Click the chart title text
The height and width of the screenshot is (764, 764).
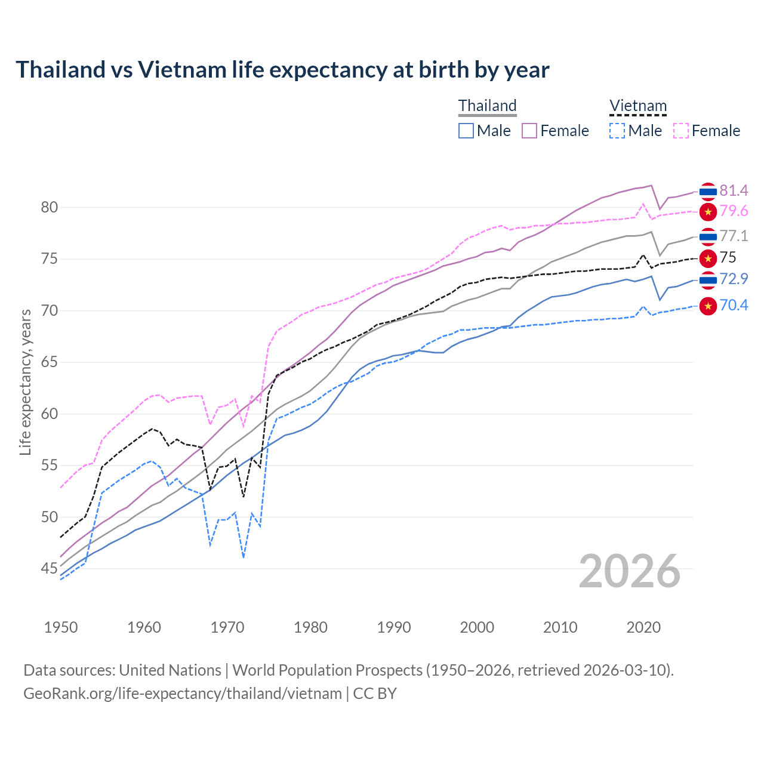pyautogui.click(x=282, y=70)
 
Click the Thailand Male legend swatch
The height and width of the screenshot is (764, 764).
pyautogui.click(x=466, y=131)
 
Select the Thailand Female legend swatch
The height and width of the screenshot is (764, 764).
pyautogui.click(x=529, y=131)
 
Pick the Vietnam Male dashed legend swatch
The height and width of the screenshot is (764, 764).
pyautogui.click(x=617, y=131)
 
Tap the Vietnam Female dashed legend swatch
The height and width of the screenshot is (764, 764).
pyautogui.click(x=680, y=131)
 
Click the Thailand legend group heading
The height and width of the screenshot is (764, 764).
pyautogui.click(x=487, y=106)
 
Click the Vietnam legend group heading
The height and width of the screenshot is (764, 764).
pyautogui.click(x=637, y=106)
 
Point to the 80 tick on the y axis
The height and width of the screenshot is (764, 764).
pyautogui.click(x=49, y=208)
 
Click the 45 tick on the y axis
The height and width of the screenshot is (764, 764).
pyautogui.click(x=49, y=569)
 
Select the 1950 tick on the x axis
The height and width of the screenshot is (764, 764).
pyautogui.click(x=61, y=627)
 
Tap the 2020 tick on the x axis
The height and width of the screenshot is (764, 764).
pyautogui.click(x=643, y=627)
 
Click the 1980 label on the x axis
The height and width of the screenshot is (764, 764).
pyautogui.click(x=310, y=627)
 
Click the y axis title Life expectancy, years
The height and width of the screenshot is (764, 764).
pyautogui.click(x=26, y=382)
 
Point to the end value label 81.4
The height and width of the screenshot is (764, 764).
pyautogui.click(x=734, y=190)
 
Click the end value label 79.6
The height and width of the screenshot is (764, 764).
pyautogui.click(x=734, y=211)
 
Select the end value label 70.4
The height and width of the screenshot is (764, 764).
pyautogui.click(x=734, y=306)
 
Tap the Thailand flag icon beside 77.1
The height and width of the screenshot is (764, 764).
pyautogui.click(x=708, y=237)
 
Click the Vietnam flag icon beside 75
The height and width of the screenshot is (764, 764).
pyautogui.click(x=708, y=258)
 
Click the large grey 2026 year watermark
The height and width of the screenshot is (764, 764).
pyautogui.click(x=630, y=571)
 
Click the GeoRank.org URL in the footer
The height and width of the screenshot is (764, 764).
pyautogui.click(x=183, y=694)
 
